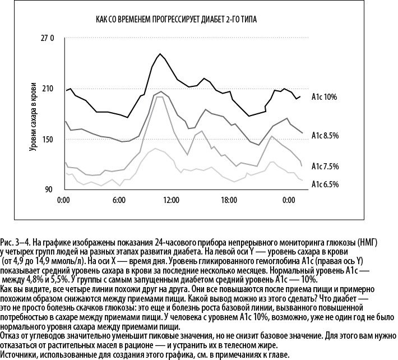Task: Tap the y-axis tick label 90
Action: coord(48,189)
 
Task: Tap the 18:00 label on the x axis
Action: coord(229,200)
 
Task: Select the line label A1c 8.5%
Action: coord(325,136)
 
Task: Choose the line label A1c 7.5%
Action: coord(325,167)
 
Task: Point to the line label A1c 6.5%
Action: coord(325,184)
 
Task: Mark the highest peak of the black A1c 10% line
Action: coord(160,54)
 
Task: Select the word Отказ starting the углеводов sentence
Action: coord(11,336)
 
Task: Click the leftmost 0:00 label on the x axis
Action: coord(63,200)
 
